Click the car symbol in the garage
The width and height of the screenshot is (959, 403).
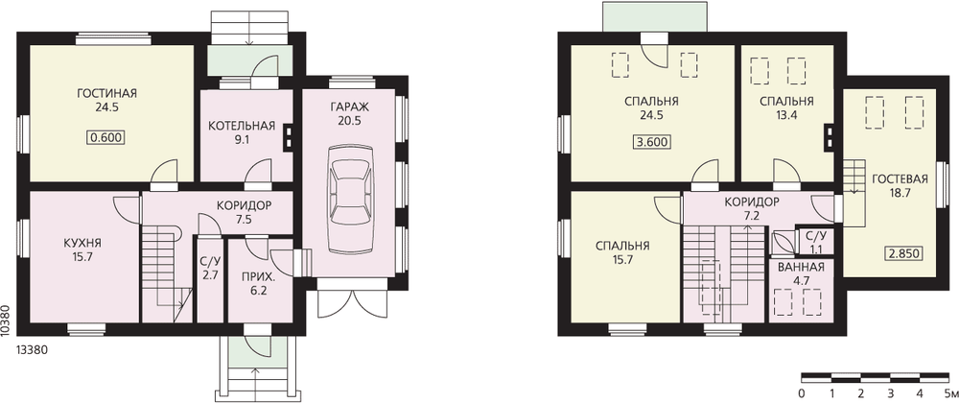[x=350, y=199]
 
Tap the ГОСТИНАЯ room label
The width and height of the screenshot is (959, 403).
[x=107, y=93]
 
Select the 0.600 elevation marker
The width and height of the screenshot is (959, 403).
[x=107, y=138]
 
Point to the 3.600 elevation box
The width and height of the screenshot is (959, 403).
[x=651, y=142]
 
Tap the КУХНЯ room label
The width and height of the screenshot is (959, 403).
[x=82, y=243]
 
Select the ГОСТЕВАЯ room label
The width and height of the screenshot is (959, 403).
[x=901, y=179]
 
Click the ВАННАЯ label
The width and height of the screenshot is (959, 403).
[x=801, y=268]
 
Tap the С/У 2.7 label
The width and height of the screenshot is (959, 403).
[x=210, y=270]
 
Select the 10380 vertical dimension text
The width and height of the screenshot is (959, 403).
[x=6, y=319]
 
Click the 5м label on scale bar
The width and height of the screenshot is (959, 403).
[x=949, y=392]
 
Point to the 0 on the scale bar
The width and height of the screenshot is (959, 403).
[x=802, y=392]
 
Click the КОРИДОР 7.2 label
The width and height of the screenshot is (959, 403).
[x=751, y=207]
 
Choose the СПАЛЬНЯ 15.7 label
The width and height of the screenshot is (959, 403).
[x=622, y=252]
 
